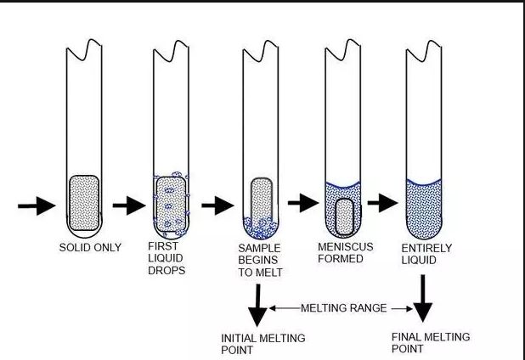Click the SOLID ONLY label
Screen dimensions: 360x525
click(90, 248)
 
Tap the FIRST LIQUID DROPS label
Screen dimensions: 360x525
click(169, 258)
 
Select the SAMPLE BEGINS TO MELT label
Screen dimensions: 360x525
click(260, 260)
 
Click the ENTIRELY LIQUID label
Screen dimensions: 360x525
click(424, 253)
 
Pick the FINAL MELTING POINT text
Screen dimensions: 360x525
click(430, 343)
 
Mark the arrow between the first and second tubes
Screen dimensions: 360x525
click(129, 205)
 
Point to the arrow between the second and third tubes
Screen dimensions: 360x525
click(218, 205)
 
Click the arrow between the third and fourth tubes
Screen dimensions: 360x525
click(302, 204)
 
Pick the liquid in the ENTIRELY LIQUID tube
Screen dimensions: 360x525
click(423, 212)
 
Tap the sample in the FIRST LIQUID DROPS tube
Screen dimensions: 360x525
click(170, 204)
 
